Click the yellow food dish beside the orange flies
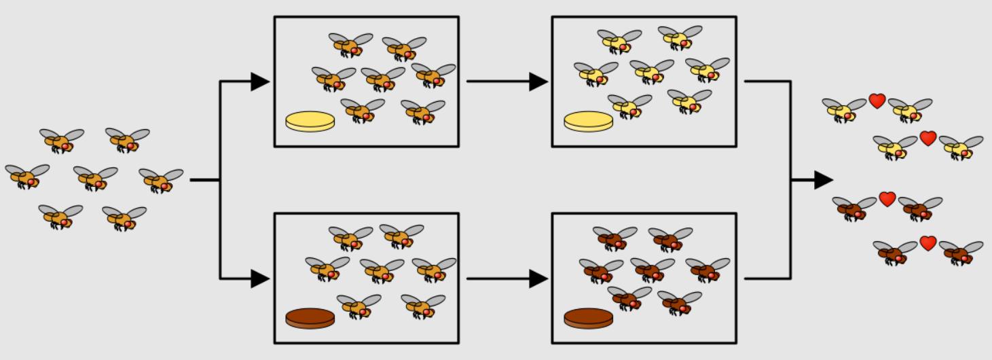[x=310, y=122]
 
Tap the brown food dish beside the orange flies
[x=310, y=318]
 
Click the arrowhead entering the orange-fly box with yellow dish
[x=260, y=82]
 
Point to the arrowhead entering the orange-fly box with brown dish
[x=260, y=278]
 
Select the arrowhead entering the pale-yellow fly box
[x=538, y=82]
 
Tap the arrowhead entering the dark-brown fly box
[x=538, y=278]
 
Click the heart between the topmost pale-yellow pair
[x=877, y=101]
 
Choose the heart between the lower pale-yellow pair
[x=928, y=139]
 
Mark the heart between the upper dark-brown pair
[x=887, y=199]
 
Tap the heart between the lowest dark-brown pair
[x=928, y=243]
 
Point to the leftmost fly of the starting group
[x=26, y=177]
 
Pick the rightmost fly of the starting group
[x=160, y=180]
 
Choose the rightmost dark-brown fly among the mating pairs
[x=960, y=253]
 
